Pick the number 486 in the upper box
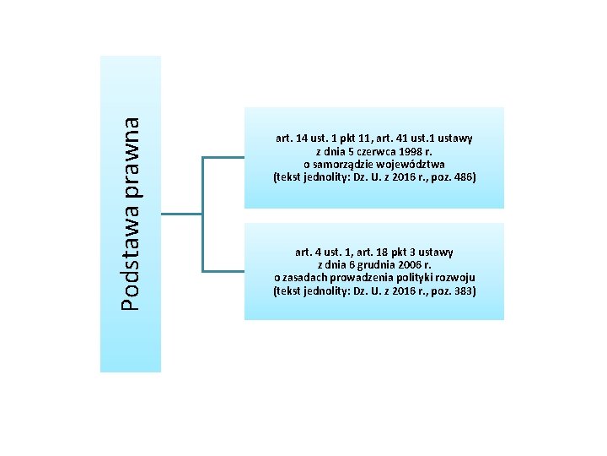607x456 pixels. [463, 178]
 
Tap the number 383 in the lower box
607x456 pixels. [463, 291]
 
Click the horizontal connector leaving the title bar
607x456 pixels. [181, 214]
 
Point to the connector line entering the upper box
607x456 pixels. [223, 157]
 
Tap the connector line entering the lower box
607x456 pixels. [223, 271]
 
